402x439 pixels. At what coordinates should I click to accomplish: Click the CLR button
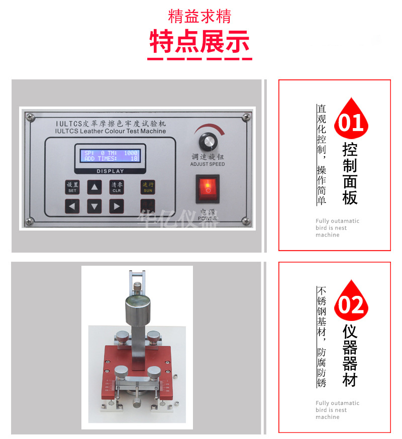117,187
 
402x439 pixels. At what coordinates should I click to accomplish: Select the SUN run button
148,187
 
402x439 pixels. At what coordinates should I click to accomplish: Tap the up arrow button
94,187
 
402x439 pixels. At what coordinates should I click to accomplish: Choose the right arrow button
117,205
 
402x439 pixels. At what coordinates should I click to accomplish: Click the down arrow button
94,205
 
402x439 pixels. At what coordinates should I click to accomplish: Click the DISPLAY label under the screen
110,171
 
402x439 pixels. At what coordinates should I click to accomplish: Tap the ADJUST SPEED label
207,164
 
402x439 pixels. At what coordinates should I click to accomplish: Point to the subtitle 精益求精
199,16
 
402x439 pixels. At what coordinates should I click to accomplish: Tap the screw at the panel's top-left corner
31,117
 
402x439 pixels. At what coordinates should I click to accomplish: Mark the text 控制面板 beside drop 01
350,174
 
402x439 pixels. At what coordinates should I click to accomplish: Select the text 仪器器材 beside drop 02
350,356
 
